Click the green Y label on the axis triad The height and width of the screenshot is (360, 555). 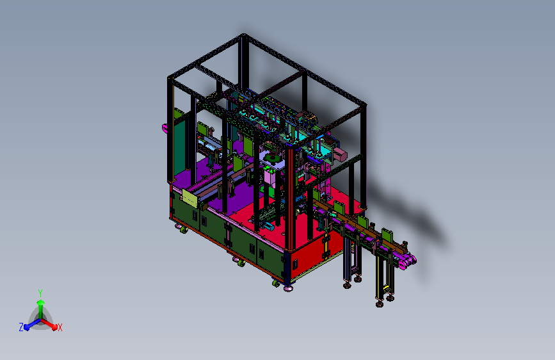pos(40,293)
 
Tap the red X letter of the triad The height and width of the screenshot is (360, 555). pos(60,327)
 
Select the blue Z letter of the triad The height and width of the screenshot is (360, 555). pos(21,327)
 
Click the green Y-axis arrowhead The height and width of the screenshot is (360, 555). pos(41,303)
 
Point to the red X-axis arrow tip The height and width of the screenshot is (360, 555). pos(54,327)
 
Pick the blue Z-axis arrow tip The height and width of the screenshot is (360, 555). pos(27,327)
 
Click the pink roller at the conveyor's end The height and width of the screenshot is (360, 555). pos(407,262)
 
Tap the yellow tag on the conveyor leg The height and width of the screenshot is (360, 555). pos(387,289)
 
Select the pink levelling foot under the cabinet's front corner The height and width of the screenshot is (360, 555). pos(288,289)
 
